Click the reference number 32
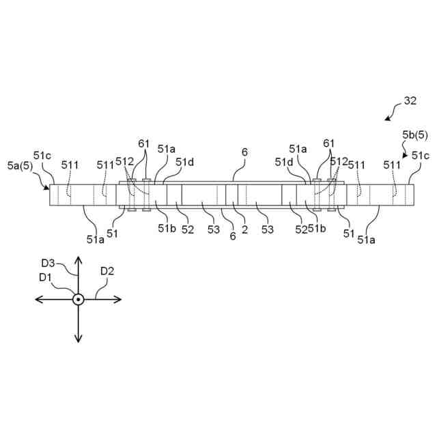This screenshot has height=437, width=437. tap(410, 100)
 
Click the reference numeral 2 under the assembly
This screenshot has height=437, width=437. tap(244, 229)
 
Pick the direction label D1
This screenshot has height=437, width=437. tap(46, 277)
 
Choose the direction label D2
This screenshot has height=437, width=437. tap(107, 271)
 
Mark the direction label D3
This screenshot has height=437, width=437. tap(48, 262)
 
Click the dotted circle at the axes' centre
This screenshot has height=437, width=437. tap(79, 299)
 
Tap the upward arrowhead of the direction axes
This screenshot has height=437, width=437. tap(79, 260)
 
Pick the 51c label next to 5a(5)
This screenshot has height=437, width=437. tap(43, 155)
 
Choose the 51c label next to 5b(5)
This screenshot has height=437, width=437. tap(421, 156)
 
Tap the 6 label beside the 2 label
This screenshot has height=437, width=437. tap(233, 236)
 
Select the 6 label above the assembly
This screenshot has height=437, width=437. tap(244, 153)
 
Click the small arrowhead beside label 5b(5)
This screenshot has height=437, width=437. tap(405, 156)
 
